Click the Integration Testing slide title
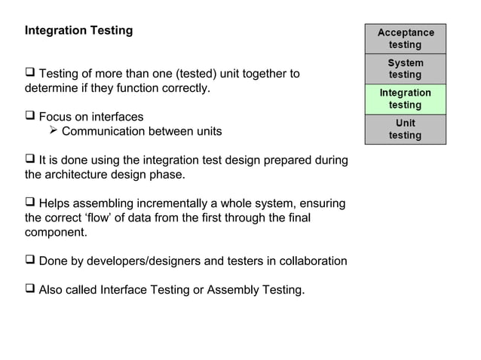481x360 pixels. tap(78, 31)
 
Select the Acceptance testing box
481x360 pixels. tap(406, 38)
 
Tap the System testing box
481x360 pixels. tap(406, 69)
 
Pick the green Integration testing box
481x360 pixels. tap(406, 99)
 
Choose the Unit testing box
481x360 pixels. tap(406, 129)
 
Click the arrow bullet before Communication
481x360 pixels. tap(53, 131)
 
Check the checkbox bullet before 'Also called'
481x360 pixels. tap(30, 289)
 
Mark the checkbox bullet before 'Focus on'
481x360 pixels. tap(30, 117)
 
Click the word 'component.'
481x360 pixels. tap(56, 233)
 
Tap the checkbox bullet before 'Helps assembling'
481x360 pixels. tap(30, 203)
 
